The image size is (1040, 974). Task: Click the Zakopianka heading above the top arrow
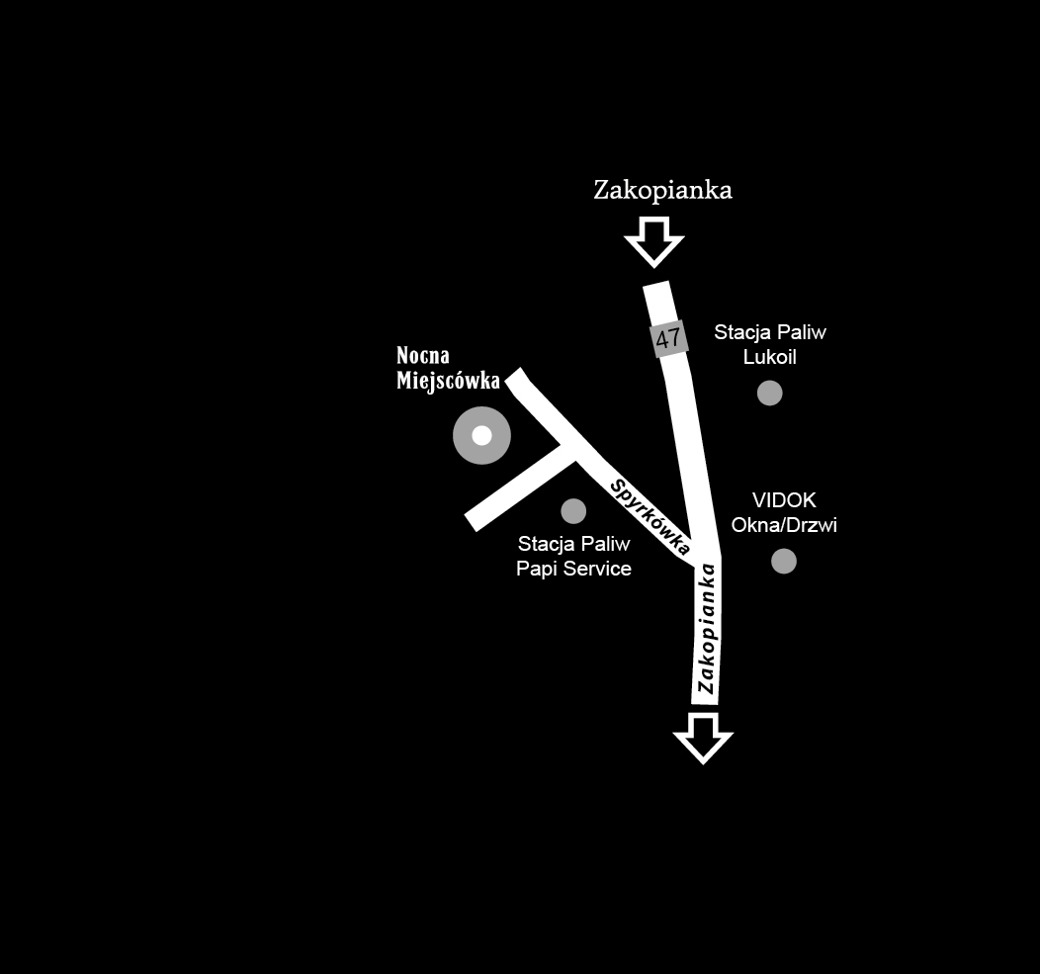click(662, 191)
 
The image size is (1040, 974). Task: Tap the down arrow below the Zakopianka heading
click(654, 241)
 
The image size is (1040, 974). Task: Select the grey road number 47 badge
click(669, 338)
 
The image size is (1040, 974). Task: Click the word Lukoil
click(770, 357)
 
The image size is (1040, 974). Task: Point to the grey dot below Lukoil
click(770, 393)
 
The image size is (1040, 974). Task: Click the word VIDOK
click(784, 500)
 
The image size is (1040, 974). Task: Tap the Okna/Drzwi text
click(784, 525)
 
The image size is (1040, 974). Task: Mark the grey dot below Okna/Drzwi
click(784, 562)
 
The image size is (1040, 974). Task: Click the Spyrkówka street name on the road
click(650, 515)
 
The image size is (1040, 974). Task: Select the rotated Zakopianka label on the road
click(706, 628)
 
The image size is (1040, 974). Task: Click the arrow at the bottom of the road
click(703, 738)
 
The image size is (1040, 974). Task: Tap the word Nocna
click(423, 356)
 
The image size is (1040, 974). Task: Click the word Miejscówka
click(448, 381)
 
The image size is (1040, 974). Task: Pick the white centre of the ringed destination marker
click(481, 435)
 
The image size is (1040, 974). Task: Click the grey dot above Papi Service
click(573, 510)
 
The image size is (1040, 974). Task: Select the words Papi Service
click(573, 569)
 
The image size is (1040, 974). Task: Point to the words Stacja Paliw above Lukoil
click(770, 332)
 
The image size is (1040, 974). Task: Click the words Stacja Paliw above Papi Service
click(573, 544)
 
